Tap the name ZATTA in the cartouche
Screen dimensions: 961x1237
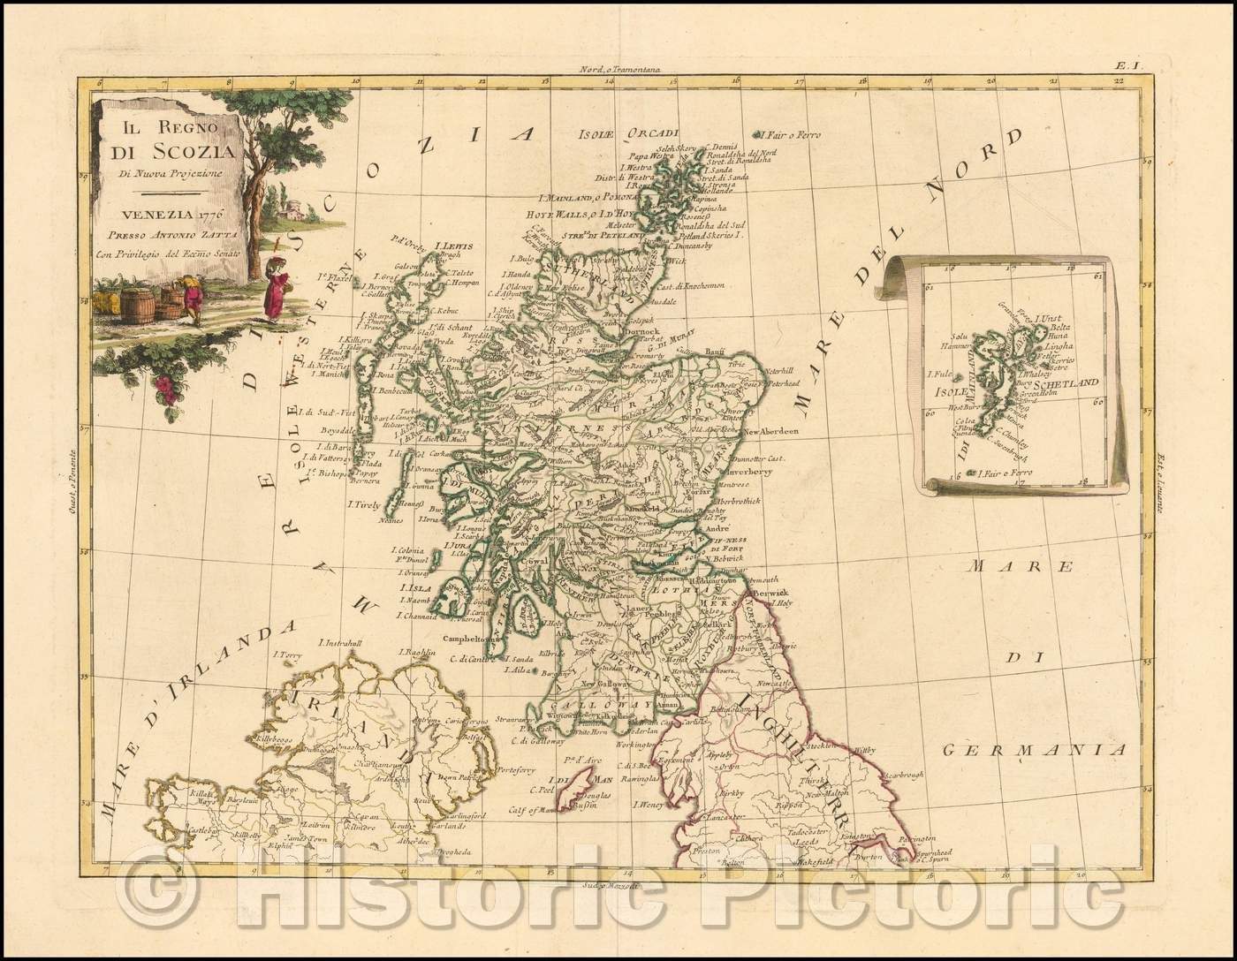click(201, 235)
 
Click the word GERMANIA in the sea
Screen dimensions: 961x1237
click(1036, 750)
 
